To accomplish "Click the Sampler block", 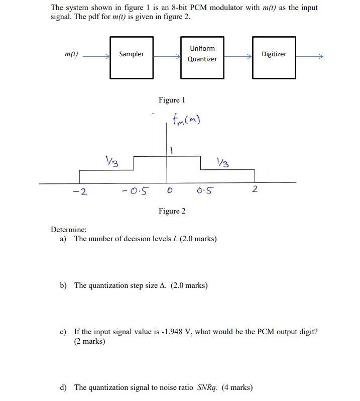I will coord(132,57).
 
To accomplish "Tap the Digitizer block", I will coord(274,57).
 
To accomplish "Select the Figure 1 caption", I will coord(172,100).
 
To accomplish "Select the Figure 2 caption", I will coord(172,211).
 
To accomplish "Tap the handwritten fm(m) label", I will coord(186,121).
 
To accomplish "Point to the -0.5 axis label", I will coord(136,191).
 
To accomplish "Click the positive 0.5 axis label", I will coord(205,190).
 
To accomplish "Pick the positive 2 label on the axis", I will coord(255,189).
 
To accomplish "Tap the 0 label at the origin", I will coord(170,191).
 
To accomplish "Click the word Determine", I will coord(68,230).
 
